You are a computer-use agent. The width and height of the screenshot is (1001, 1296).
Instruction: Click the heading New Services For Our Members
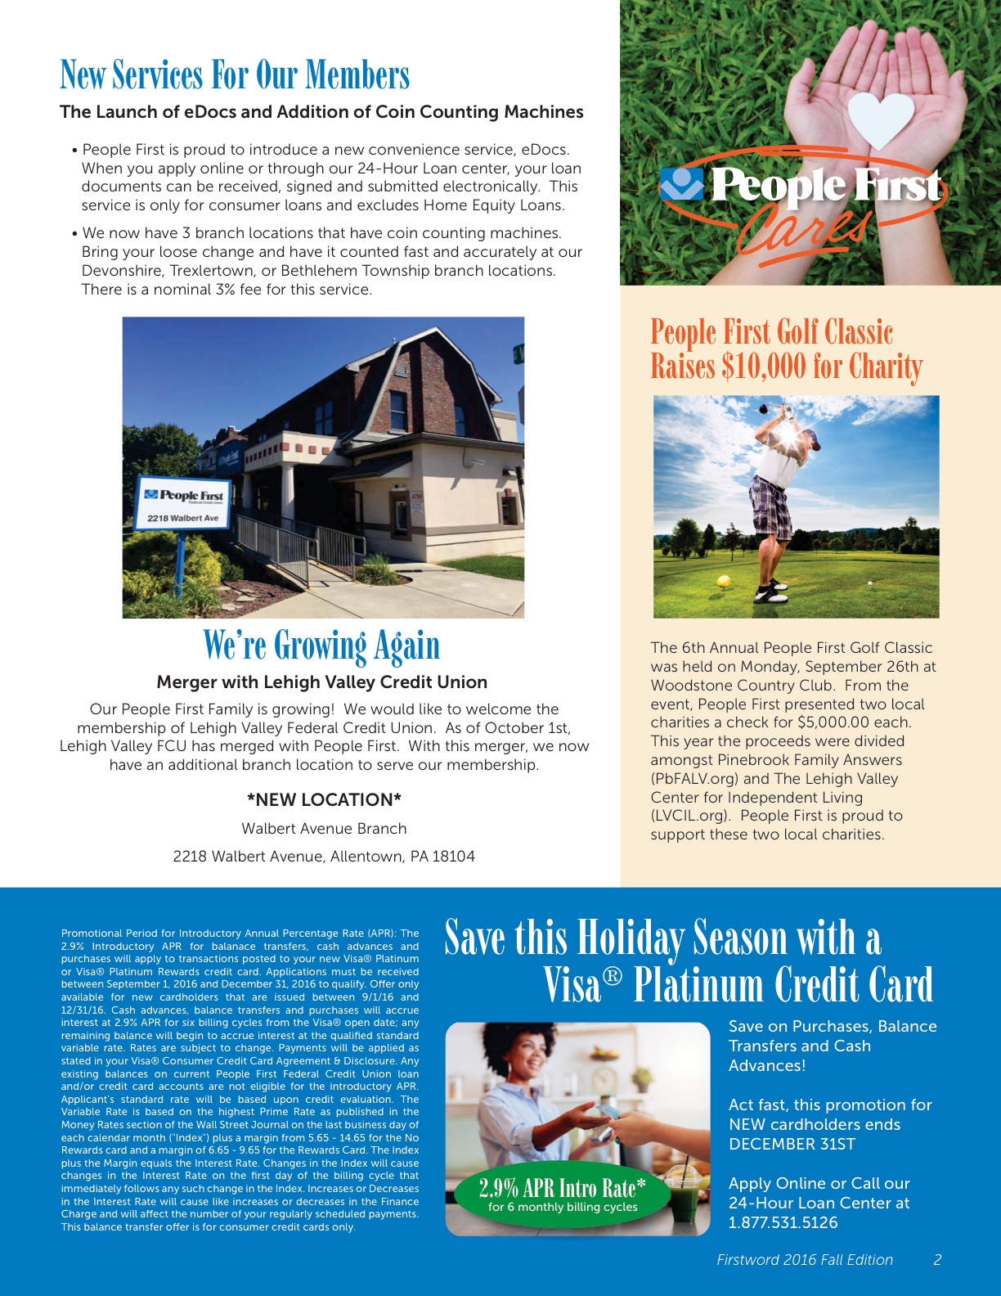point(235,75)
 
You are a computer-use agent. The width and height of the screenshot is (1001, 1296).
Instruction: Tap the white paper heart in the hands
point(881,119)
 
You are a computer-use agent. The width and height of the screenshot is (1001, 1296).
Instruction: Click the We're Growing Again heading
point(321,645)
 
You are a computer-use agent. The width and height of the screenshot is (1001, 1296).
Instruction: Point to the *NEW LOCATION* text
point(324,799)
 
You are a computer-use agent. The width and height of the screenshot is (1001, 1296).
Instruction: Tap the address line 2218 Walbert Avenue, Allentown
point(324,856)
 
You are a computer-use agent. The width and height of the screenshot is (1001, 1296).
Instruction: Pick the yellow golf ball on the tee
point(723,582)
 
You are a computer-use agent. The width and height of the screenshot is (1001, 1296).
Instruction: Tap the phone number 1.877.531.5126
point(783,1222)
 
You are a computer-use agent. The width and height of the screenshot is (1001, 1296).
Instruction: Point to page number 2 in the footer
point(937,1260)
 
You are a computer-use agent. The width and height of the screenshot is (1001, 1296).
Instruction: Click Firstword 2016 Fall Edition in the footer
point(805,1260)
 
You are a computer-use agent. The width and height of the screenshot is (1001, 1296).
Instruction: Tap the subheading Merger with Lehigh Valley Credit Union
point(321,682)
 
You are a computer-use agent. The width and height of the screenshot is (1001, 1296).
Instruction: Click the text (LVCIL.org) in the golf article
point(689,816)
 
